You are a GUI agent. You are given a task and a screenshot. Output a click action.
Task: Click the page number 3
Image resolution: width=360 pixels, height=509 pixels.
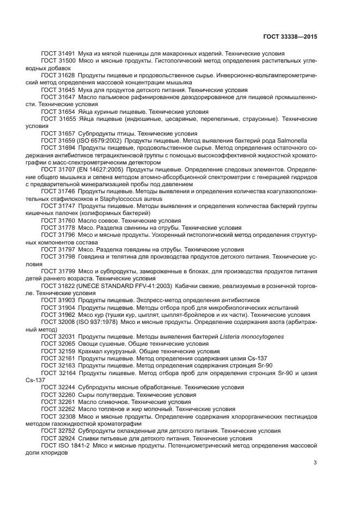click(315, 463)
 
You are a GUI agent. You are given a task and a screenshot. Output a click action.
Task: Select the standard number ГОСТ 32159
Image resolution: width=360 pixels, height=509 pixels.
click(58, 351)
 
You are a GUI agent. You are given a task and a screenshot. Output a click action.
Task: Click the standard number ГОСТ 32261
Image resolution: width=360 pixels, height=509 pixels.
click(58, 401)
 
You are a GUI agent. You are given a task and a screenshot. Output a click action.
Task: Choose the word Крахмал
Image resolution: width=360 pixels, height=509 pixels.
click(91, 351)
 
